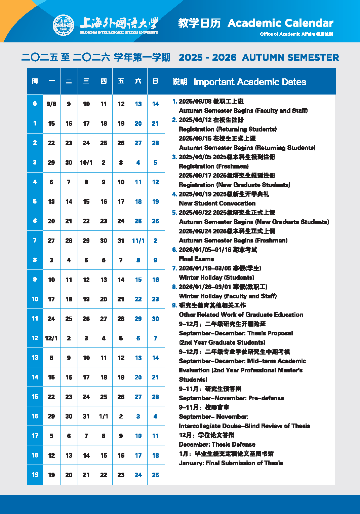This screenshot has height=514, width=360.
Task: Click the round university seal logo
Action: pyautogui.click(x=64, y=25)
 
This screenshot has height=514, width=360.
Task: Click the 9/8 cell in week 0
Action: pyautogui.click(x=51, y=104)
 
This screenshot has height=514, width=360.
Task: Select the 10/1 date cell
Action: pyautogui.click(x=86, y=163)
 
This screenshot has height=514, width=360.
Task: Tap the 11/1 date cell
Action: pyautogui.click(x=138, y=241)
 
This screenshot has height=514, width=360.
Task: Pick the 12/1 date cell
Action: pyautogui.click(x=51, y=338)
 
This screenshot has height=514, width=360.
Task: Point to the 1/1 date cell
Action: pyautogui.click(x=104, y=416)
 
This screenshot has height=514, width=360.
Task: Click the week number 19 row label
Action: pyautogui.click(x=35, y=475)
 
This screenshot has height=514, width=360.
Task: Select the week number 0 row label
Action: pyautogui.click(x=35, y=104)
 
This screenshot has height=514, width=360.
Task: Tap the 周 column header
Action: pyautogui.click(x=35, y=81)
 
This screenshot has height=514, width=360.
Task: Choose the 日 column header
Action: pyautogui.click(x=156, y=81)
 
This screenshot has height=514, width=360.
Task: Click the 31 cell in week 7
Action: pyautogui.click(x=121, y=241)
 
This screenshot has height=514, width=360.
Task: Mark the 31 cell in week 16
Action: pyautogui.click(x=86, y=416)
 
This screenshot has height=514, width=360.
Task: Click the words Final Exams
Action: pyautogui.click(x=196, y=259)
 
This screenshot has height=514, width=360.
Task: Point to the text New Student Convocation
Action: pyautogui.click(x=217, y=204)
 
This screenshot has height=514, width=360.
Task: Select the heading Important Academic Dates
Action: pyautogui.click(x=250, y=82)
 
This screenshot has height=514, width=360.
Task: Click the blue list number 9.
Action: pyautogui.click(x=174, y=305)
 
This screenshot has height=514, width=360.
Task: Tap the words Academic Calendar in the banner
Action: pyautogui.click(x=280, y=23)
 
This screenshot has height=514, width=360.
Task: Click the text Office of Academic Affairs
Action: pyautogui.click(x=287, y=34)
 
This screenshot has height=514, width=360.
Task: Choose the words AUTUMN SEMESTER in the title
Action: pyautogui.click(x=290, y=58)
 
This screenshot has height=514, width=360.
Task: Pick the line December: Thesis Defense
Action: pyautogui.click(x=217, y=445)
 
